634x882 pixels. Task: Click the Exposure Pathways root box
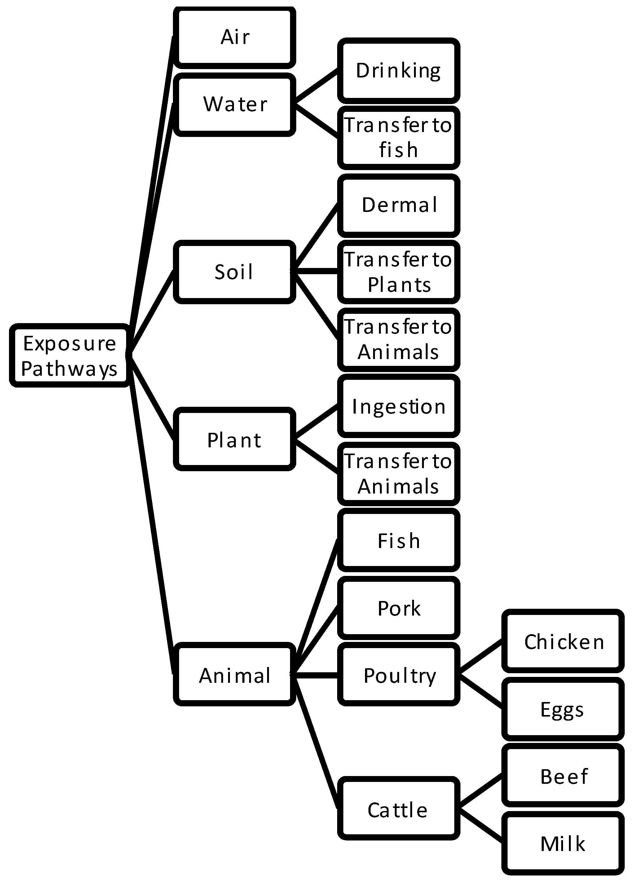pyautogui.click(x=69, y=355)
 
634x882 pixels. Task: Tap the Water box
pyautogui.click(x=235, y=104)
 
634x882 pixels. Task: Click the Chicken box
pyautogui.click(x=563, y=642)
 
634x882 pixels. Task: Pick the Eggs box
pyautogui.click(x=563, y=709)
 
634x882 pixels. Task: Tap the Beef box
pyautogui.click(x=563, y=776)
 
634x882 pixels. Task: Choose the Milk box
pyautogui.click(x=563, y=844)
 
